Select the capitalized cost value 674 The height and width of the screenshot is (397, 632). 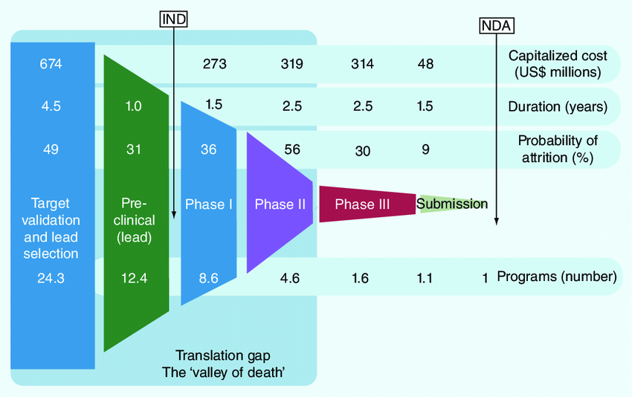tap(51, 64)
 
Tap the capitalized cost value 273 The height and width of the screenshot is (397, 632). tap(214, 64)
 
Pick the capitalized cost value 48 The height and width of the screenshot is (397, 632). tap(425, 64)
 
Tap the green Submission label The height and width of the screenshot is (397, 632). tap(452, 204)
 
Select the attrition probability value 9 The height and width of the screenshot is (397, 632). tap(425, 149)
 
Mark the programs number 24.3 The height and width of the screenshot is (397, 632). tap(51, 278)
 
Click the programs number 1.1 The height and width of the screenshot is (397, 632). tap(425, 278)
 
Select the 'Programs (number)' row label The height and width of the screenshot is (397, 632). tap(557, 277)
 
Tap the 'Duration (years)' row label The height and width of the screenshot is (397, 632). tap(558, 106)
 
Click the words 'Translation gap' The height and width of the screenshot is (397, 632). tap(223, 355)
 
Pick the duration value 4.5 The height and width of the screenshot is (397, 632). tap(51, 106)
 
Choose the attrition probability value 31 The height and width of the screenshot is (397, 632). tap(134, 149)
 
